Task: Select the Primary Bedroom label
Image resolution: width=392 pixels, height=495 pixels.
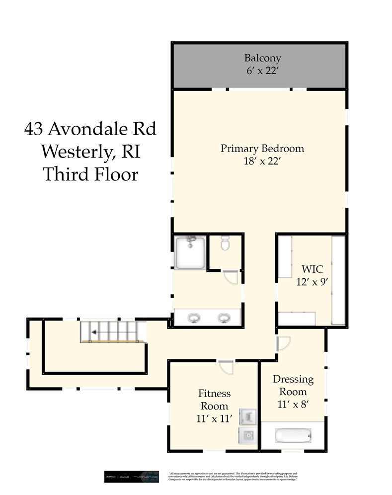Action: (262, 148)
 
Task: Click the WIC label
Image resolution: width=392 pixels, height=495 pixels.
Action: (313, 269)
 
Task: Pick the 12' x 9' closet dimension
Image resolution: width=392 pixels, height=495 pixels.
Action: (313, 281)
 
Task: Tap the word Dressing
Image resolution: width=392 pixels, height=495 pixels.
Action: (293, 379)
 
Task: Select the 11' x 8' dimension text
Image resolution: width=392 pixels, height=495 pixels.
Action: (293, 404)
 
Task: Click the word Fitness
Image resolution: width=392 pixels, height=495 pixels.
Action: (214, 393)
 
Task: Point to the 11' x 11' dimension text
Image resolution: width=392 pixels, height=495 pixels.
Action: (214, 418)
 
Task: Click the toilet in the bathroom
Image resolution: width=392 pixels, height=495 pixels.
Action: (225, 244)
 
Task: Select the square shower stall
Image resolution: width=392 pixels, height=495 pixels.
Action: (190, 252)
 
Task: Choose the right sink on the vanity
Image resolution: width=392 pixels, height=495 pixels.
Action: (225, 317)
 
